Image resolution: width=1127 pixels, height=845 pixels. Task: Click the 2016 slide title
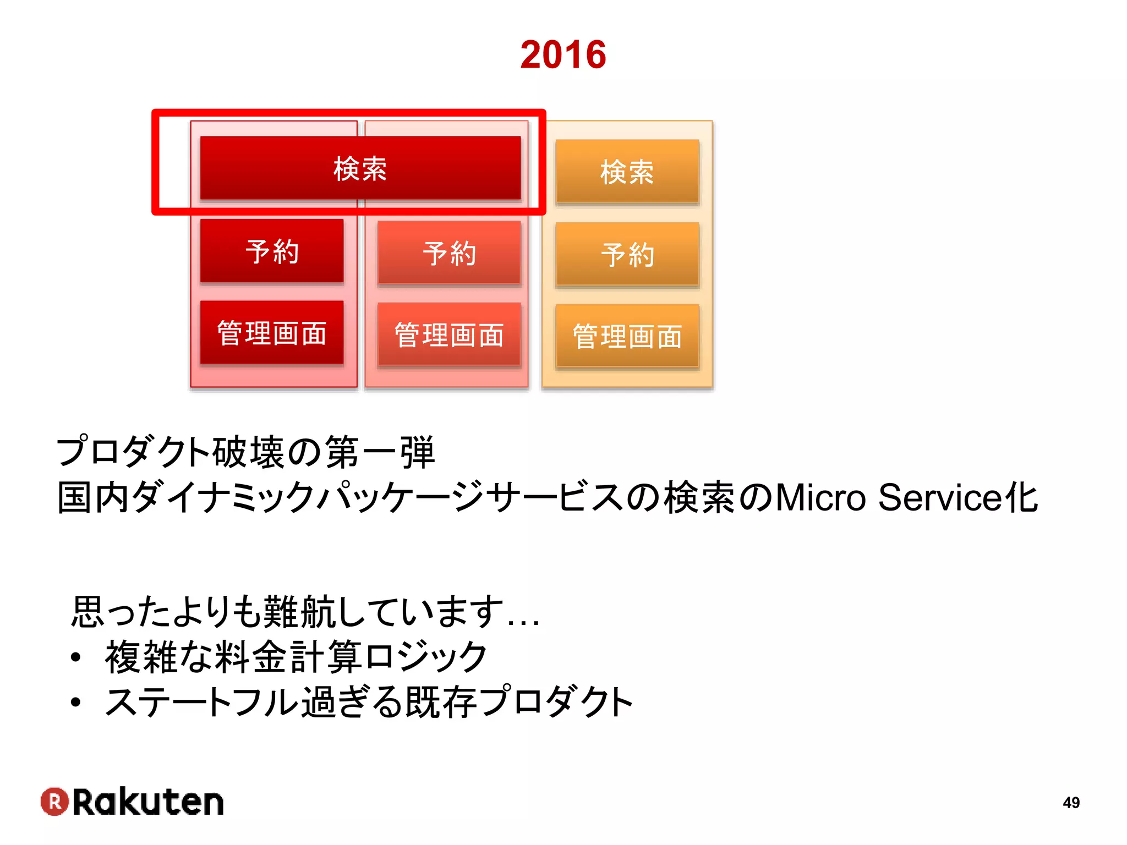coord(563,55)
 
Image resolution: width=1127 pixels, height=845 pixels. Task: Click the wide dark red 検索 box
coord(360,168)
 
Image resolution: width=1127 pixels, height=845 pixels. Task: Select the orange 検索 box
coord(627,172)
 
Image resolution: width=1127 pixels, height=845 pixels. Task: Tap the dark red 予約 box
coord(272,251)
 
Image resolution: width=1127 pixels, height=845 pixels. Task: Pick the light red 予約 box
coord(449,253)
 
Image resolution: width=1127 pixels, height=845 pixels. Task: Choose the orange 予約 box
coord(627,255)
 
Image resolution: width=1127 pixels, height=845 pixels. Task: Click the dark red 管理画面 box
coord(272,333)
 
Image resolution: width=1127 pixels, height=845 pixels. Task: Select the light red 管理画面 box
coord(449,334)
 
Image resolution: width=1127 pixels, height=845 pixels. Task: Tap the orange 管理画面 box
coord(627,336)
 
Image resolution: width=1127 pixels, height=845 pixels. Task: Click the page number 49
coord(1071,803)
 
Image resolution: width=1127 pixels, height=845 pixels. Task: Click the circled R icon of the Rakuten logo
coord(54,802)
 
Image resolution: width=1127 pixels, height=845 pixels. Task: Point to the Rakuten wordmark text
coord(148,802)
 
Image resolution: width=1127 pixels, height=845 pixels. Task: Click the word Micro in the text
coord(820,497)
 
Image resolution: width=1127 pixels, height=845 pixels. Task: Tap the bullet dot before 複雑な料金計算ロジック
coord(76,657)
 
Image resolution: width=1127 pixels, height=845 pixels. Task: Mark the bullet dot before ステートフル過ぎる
coord(76,702)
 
